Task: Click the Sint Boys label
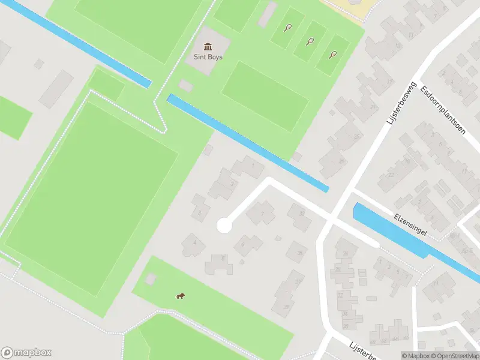[208, 58]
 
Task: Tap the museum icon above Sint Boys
[208, 47]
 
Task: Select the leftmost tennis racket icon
[289, 28]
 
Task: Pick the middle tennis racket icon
[310, 41]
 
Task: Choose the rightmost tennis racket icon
[333, 55]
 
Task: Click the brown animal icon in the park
[179, 295]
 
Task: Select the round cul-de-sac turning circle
[224, 226]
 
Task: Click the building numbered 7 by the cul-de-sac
[262, 212]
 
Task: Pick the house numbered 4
[194, 242]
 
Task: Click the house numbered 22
[391, 175]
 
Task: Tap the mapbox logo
[26, 353]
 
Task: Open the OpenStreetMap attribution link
[453, 355]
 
